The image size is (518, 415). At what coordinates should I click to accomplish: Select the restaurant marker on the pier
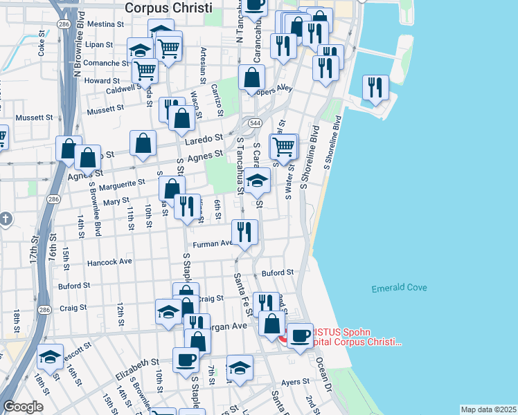tap(375, 88)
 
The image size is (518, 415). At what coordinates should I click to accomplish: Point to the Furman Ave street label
tap(216, 243)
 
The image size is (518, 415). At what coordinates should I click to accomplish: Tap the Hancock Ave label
tap(109, 263)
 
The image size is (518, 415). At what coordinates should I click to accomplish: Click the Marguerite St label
tap(122, 183)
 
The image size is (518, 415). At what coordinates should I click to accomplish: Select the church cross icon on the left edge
tap(6, 220)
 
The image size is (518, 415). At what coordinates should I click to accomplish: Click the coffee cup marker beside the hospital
tap(300, 336)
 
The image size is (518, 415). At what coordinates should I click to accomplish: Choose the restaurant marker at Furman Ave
tap(243, 232)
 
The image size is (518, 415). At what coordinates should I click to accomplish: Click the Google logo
tap(23, 407)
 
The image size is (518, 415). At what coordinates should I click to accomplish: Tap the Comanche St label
tap(103, 63)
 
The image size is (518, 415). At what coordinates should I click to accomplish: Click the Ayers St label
tap(295, 381)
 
